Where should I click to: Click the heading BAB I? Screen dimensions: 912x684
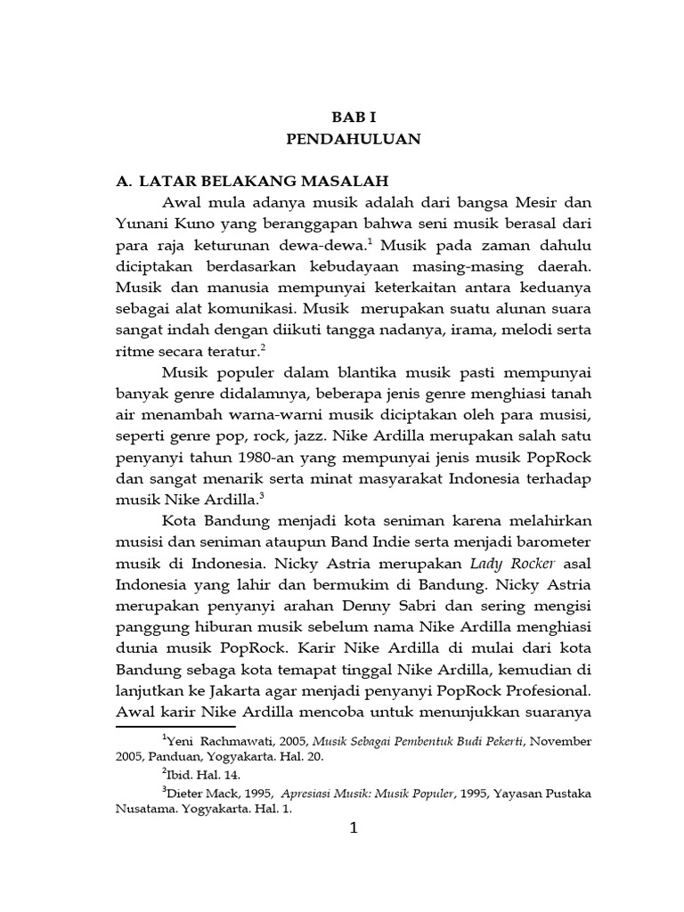click(x=354, y=116)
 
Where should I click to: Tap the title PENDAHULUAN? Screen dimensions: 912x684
click(x=354, y=139)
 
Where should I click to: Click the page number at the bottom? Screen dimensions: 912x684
click(x=354, y=830)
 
